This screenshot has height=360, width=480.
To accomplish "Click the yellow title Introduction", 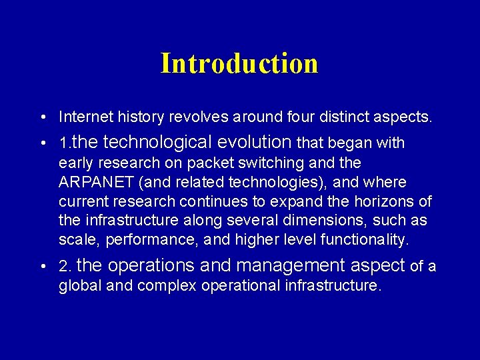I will [239, 63].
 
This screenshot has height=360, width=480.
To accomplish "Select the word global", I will [77, 286].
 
